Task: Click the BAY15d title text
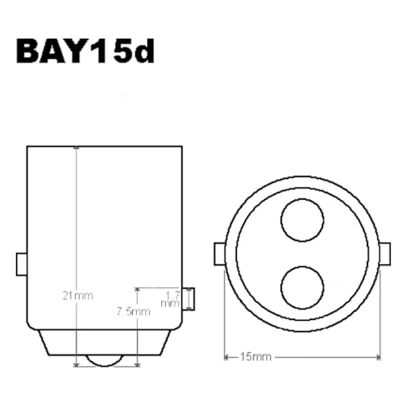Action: coord(85,52)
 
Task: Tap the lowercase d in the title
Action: coord(142,52)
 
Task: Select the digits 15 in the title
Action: coord(109,52)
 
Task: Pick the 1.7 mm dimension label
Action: coord(169,300)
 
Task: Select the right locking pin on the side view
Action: coord(189,297)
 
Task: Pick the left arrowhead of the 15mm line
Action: coord(226,355)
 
